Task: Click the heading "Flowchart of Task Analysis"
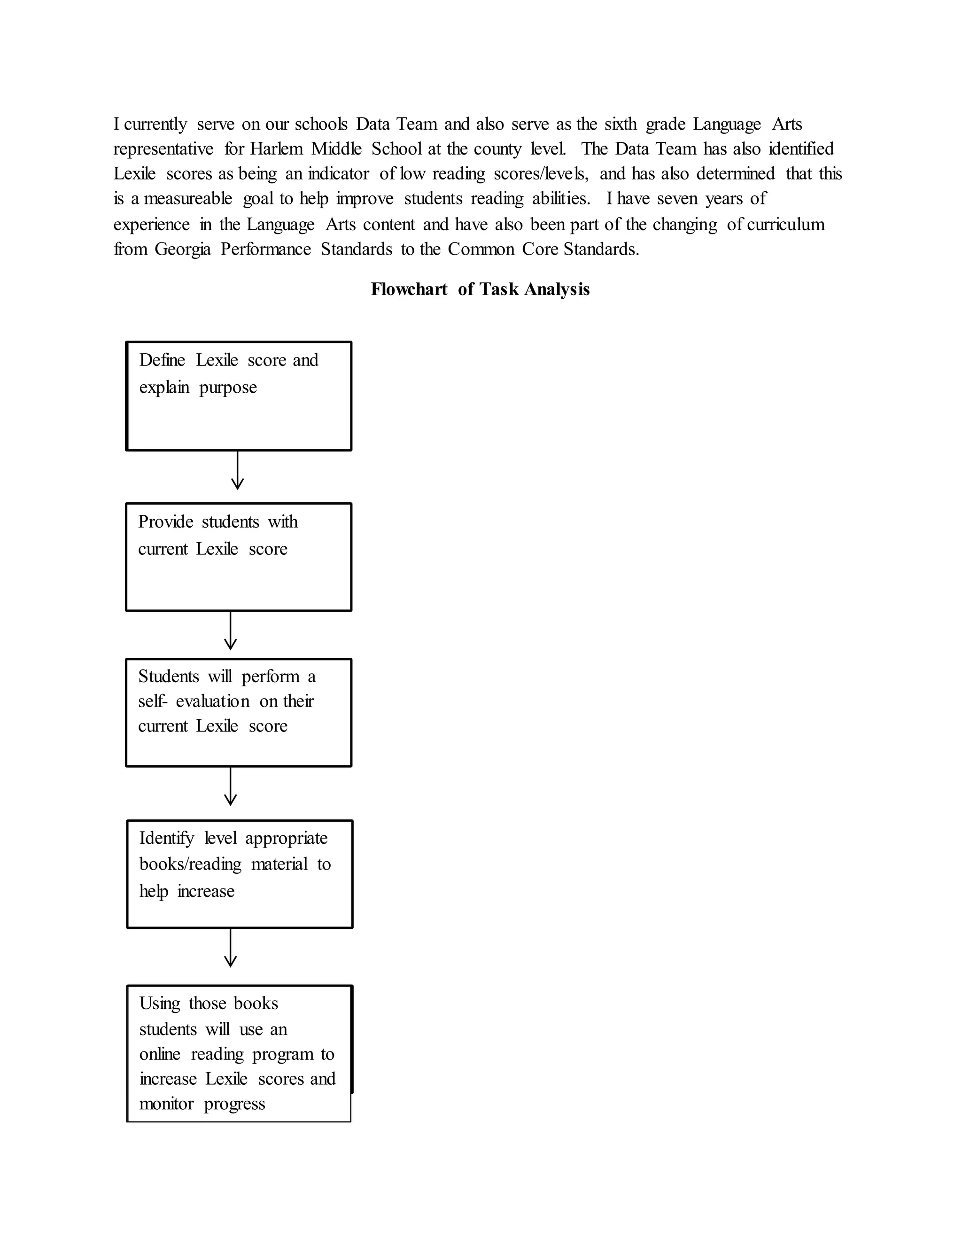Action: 480,289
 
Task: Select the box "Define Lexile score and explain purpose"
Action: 238,396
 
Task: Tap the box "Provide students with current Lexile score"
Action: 238,557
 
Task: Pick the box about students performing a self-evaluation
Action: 238,713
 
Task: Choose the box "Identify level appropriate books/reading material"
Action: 240,874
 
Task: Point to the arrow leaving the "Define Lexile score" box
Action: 237,470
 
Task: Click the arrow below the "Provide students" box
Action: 230,630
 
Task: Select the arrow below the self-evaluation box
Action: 230,786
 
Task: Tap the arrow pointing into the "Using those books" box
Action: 230,948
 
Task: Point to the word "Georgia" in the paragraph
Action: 182,249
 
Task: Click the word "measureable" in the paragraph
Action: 188,198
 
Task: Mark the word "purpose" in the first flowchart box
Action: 228,388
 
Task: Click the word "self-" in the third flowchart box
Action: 153,700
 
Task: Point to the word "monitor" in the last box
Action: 166,1104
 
